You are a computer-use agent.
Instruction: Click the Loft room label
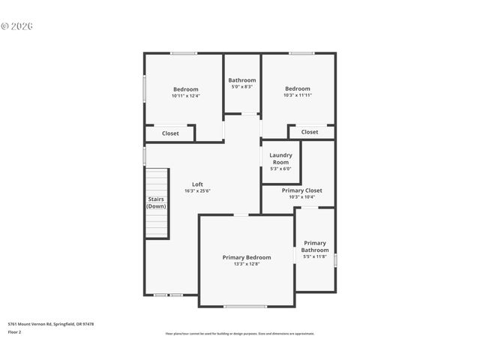(x=197, y=184)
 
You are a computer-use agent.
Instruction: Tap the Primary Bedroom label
(x=247, y=257)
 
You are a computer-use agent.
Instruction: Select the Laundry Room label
(x=281, y=158)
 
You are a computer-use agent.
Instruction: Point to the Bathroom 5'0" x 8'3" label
(x=242, y=80)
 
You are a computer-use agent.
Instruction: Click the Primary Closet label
(x=301, y=190)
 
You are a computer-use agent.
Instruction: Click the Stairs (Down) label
(x=156, y=202)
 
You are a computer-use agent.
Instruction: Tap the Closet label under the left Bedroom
(x=170, y=133)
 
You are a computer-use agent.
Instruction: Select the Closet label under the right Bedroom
(x=310, y=132)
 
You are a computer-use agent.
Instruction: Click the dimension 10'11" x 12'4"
(x=185, y=95)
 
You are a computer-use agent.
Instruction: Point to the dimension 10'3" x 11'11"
(x=298, y=95)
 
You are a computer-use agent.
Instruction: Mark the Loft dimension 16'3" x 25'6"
(x=197, y=191)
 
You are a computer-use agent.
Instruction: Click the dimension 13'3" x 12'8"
(x=247, y=264)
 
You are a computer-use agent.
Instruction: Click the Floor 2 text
(x=15, y=331)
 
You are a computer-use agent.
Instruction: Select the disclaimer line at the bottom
(x=240, y=334)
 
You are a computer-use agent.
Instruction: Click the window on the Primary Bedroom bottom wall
(x=245, y=306)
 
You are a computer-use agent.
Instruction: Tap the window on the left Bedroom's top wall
(x=184, y=53)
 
